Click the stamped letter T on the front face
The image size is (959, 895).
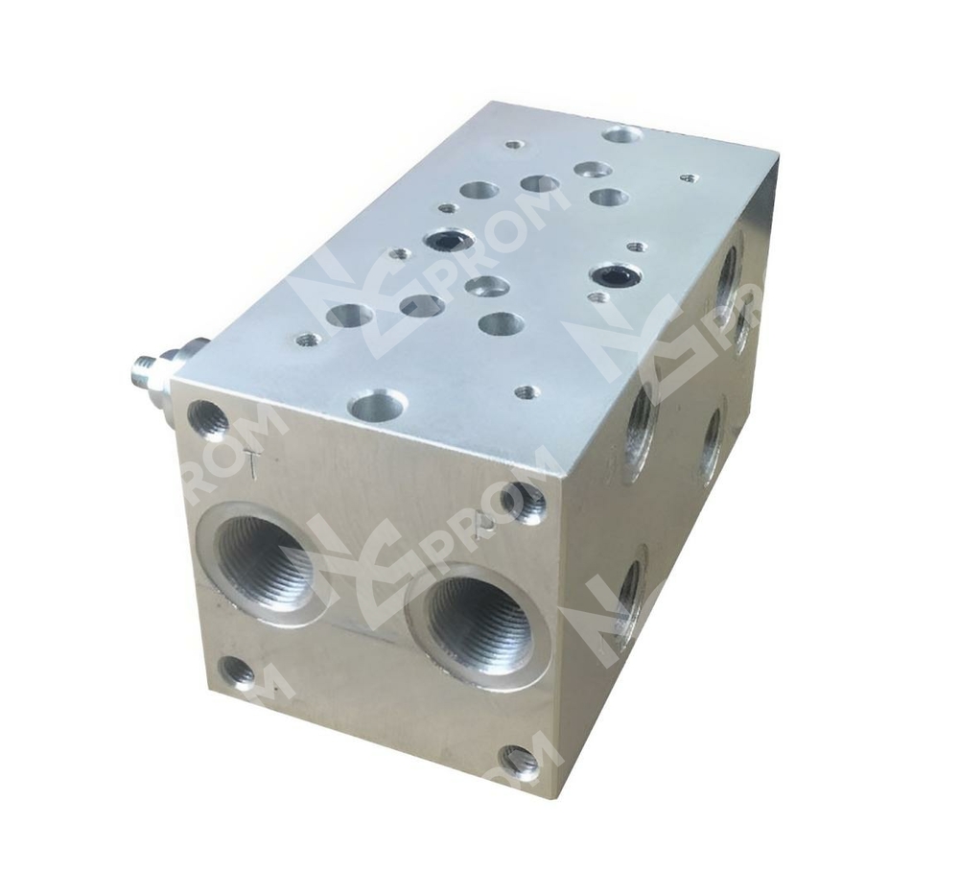pos(251,463)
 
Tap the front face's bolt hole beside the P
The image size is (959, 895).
pos(525,503)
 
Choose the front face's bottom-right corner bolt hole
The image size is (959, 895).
pos(519,761)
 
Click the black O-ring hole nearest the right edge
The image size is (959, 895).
pos(610,276)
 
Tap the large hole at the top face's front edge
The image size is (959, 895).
pos(376,405)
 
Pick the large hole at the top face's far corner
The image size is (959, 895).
pos(622,133)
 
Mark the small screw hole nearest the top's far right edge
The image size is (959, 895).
pos(688,177)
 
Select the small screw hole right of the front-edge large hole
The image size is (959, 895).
pos(524,391)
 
